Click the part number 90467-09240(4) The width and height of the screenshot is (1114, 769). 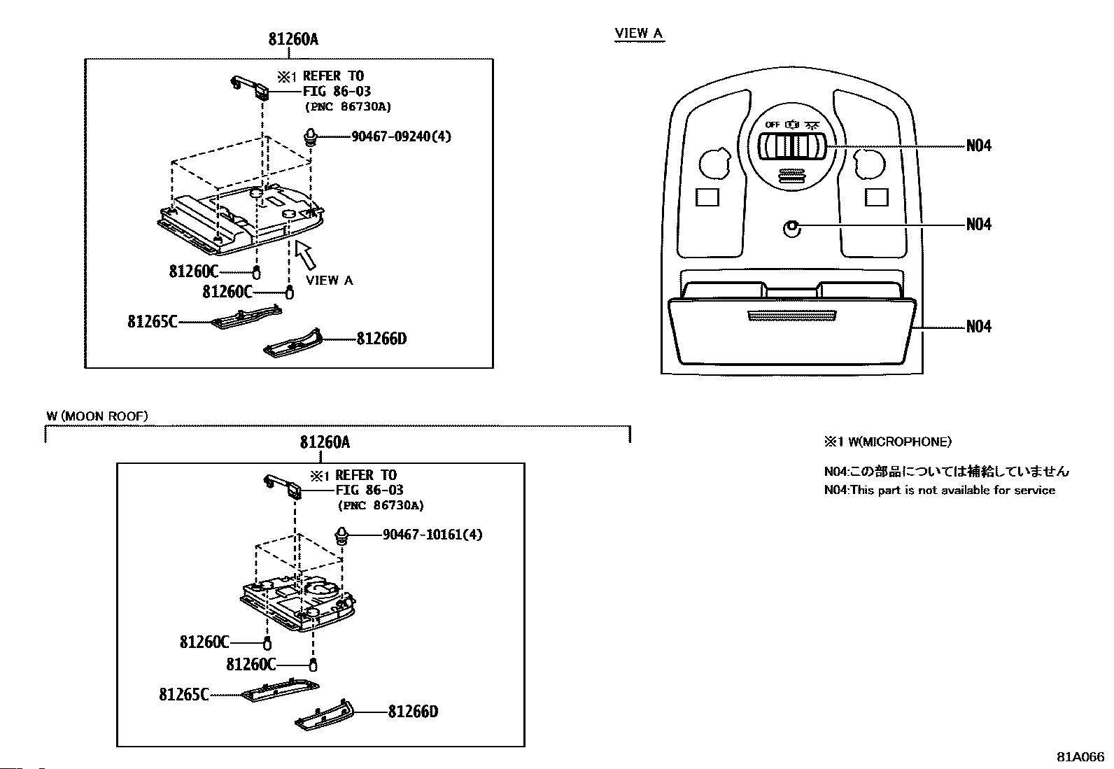(401, 136)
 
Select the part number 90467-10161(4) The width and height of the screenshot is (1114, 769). (432, 534)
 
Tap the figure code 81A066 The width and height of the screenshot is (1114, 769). (1080, 757)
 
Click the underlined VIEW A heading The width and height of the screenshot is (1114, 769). (639, 34)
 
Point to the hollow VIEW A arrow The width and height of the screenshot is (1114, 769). (304, 255)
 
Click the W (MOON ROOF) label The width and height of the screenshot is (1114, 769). (97, 416)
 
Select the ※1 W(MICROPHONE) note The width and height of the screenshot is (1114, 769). (888, 442)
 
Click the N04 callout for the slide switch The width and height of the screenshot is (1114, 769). (978, 146)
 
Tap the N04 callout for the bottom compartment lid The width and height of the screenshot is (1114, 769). (978, 326)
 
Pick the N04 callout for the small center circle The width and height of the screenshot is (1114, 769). (978, 225)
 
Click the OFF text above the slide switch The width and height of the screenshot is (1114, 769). (773, 125)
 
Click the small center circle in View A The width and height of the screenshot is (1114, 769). (791, 229)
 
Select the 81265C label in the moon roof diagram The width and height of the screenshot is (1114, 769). (183, 694)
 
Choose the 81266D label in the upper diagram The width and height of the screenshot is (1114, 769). (381, 339)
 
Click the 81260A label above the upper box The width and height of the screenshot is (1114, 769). (293, 38)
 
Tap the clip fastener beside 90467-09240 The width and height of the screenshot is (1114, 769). (311, 136)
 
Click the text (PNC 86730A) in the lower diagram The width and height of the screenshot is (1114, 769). (381, 505)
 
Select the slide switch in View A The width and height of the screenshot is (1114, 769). (791, 146)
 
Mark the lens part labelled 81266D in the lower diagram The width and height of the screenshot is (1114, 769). (324, 716)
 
